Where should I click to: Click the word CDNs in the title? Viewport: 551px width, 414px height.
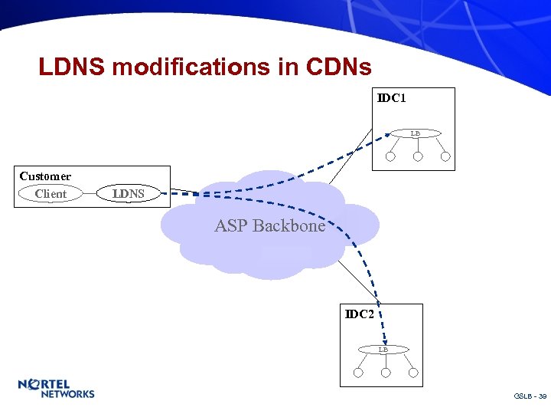338,67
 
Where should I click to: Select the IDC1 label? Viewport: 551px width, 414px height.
391,98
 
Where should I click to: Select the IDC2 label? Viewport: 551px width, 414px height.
360,314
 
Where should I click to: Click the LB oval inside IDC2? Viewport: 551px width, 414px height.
383,350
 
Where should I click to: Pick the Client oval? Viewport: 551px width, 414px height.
51,194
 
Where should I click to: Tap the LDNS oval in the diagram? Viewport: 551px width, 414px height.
129,194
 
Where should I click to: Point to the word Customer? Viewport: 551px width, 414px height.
45,176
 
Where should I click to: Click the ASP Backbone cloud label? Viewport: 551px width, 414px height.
269,226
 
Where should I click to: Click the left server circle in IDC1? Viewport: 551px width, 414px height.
390,157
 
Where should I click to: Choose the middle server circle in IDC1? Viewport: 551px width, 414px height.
418,157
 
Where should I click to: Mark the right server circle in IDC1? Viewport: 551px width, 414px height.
445,157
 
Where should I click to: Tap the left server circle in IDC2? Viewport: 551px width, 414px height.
358,373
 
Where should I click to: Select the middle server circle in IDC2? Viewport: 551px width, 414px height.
386,373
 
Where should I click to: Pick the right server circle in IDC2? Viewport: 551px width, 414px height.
413,373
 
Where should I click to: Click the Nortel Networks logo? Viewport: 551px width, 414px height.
56,389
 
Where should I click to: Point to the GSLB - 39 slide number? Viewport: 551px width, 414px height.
530,396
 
